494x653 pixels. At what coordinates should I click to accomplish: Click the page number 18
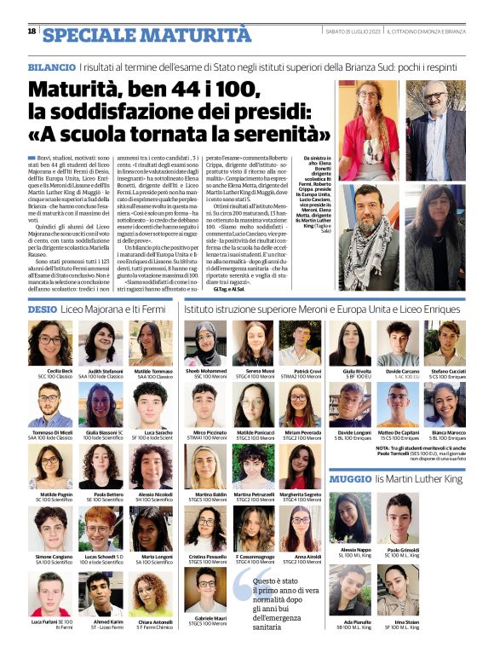32,32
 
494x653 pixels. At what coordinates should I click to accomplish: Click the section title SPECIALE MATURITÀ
147,35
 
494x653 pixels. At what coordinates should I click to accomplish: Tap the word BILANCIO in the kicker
51,66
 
